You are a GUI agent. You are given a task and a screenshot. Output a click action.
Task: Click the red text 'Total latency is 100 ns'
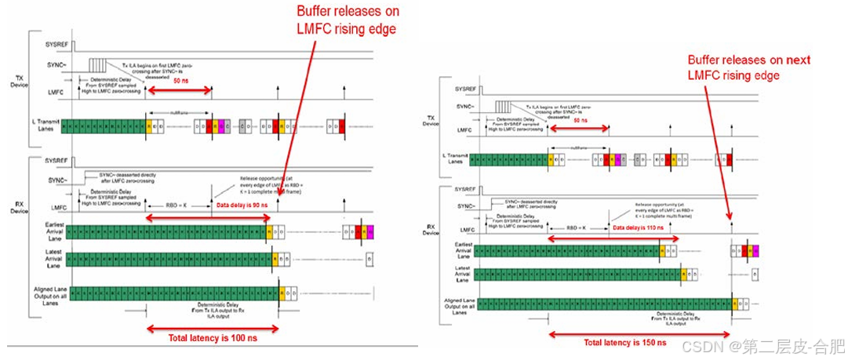click(211, 338)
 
